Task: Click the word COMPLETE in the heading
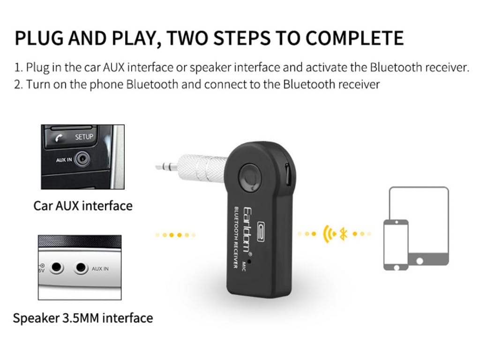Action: coord(354,38)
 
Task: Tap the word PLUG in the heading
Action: coord(39,38)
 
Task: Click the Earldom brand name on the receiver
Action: coord(247,229)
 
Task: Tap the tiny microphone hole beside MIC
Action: coord(250,262)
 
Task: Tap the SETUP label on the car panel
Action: coord(84,137)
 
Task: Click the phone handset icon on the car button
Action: coord(59,139)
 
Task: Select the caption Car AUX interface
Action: coord(83,206)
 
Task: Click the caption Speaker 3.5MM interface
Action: coord(83,318)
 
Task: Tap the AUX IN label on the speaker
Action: coord(100,269)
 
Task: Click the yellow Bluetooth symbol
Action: coord(344,234)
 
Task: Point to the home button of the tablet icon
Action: coord(420,261)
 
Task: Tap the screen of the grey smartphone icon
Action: coord(396,244)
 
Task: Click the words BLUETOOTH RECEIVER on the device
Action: coord(236,238)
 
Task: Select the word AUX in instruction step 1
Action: coord(113,67)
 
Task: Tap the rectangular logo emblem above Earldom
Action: coord(261,232)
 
